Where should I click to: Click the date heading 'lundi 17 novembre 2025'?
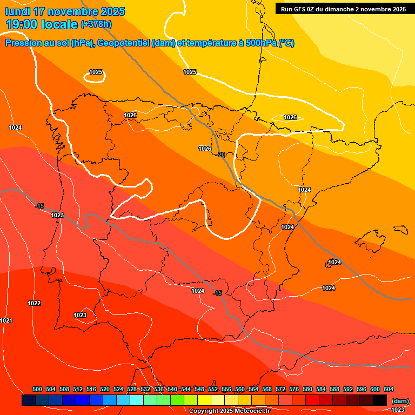65,11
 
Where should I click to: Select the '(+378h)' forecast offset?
96,24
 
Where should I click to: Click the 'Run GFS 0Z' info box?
344,9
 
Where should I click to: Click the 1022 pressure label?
34,303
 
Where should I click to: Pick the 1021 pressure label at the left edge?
6,320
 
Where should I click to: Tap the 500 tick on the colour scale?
37,389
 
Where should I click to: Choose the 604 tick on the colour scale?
389,389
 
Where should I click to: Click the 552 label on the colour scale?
213,389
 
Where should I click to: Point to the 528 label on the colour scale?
132,389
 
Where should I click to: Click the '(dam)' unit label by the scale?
400,400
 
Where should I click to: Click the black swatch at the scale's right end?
380,400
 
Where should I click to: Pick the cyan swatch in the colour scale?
137,400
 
